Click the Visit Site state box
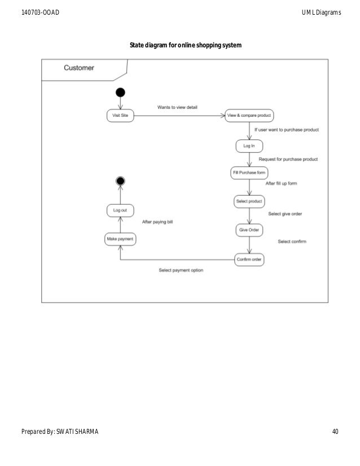[120, 116]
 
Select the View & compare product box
[249, 116]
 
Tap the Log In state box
[249, 146]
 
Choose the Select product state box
[249, 201]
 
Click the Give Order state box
[249, 230]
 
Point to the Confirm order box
[249, 260]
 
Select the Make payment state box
[120, 239]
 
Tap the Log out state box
[120, 210]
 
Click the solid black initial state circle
[120, 93]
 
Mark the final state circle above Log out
[120, 181]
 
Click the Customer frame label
[79, 68]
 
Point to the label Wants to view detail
[177, 107]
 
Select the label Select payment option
[181, 270]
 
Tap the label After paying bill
[157, 222]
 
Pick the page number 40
[335, 432]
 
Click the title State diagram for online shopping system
[186, 45]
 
